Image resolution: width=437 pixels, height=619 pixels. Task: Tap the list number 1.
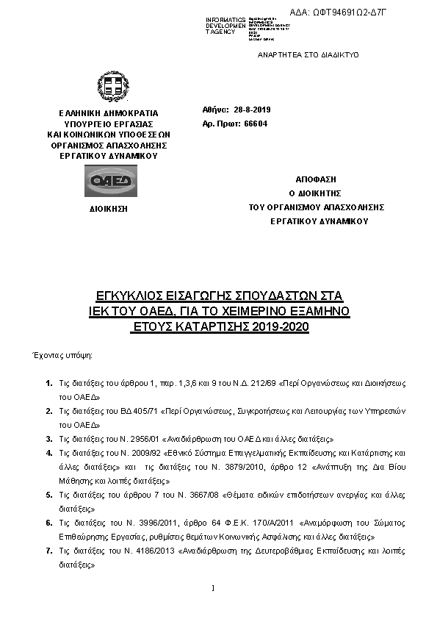pos(48,384)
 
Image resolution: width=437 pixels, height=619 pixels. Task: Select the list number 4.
pos(48,454)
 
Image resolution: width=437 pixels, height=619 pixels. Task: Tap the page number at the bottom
pos(212,588)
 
